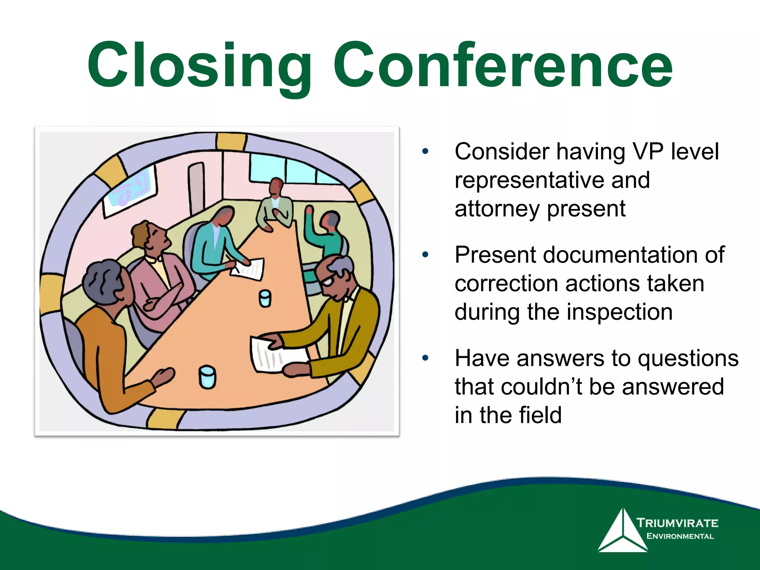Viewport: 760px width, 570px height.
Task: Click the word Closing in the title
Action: [199, 67]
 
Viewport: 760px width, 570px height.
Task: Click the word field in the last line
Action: [540, 415]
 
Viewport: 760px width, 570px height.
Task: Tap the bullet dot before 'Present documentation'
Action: [425, 255]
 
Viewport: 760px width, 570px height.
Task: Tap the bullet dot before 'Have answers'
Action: [425, 358]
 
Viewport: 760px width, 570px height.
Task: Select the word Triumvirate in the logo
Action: [678, 523]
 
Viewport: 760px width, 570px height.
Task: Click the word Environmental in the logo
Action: [680, 536]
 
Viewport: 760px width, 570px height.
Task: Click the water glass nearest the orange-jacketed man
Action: [207, 377]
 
